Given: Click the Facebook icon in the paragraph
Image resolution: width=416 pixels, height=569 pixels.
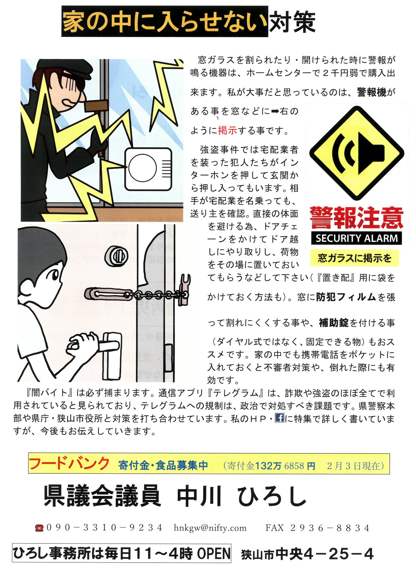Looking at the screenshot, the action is tap(279, 418).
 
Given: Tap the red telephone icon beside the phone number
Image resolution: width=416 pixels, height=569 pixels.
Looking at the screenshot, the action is tap(39, 528).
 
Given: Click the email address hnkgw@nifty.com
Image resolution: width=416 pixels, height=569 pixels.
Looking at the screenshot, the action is tap(210, 528).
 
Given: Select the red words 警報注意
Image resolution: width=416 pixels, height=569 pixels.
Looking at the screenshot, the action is tap(356, 218).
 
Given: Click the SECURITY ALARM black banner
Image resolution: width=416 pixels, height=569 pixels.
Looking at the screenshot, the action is tap(356, 238).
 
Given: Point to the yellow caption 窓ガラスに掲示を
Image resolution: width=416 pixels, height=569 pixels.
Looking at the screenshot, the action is tap(355, 258).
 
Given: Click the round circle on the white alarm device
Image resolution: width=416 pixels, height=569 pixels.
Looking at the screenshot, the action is tap(142, 168).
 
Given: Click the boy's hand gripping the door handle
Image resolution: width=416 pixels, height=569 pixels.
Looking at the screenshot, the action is tap(83, 343).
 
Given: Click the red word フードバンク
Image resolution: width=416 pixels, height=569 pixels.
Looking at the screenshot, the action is tap(69, 464).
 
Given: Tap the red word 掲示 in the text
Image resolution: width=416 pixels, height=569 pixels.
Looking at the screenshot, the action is tap(227, 130).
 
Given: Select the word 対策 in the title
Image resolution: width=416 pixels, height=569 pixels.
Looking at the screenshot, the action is tap(292, 22).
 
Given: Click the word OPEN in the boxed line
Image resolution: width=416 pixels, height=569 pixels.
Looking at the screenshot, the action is tap(214, 553).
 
